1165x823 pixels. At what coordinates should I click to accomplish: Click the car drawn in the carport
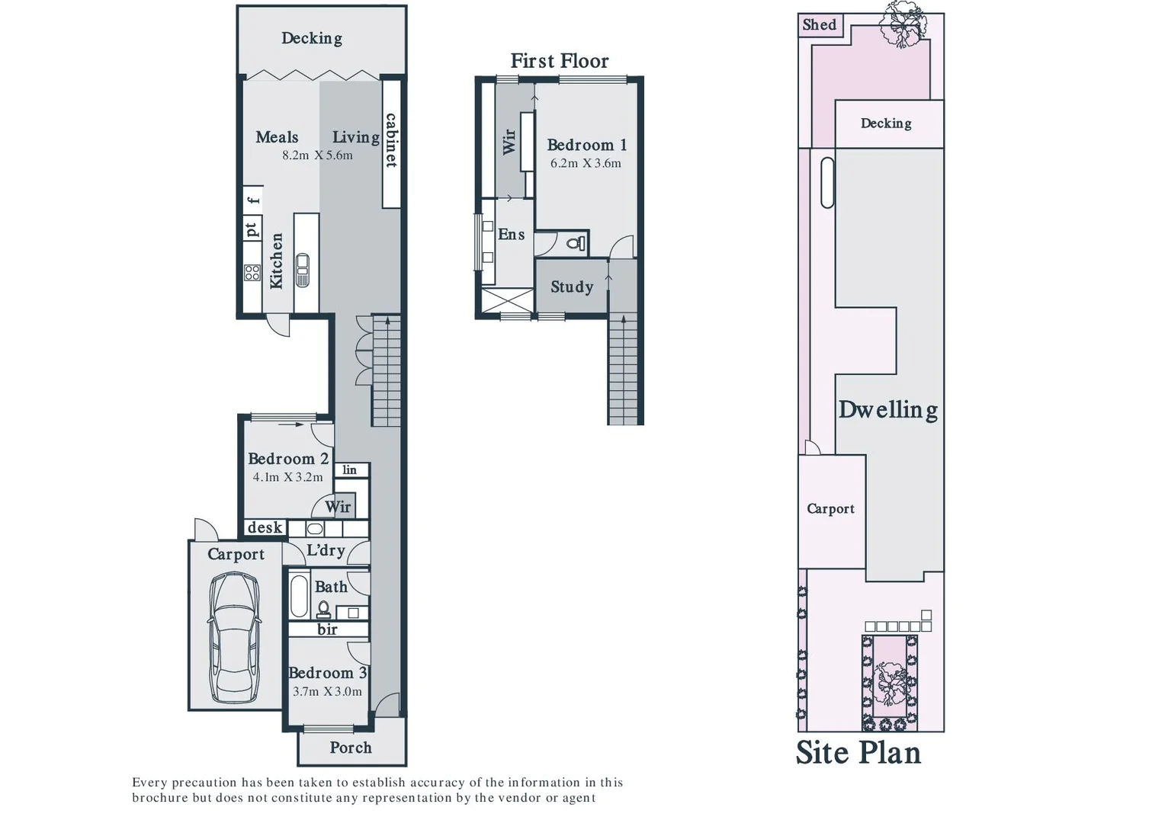[236, 637]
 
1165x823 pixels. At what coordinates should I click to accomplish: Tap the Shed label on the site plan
[820, 24]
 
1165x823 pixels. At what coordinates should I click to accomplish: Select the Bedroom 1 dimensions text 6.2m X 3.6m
[586, 163]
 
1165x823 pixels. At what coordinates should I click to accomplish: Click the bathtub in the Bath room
[299, 596]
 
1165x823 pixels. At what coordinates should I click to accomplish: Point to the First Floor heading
[560, 61]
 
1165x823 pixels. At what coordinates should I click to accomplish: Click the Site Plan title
[859, 753]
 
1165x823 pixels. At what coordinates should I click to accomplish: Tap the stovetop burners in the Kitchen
[252, 272]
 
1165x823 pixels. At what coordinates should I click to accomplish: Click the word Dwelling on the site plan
[888, 410]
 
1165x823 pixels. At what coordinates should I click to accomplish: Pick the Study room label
[572, 287]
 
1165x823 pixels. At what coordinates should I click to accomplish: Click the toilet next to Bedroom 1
[576, 244]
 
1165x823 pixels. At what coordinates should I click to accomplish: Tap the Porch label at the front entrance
[351, 748]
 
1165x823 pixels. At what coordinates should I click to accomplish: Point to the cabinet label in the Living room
[391, 140]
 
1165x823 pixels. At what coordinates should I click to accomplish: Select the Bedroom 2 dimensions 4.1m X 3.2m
[287, 477]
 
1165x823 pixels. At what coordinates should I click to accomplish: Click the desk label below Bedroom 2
[265, 527]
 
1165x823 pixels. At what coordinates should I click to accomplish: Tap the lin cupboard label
[350, 469]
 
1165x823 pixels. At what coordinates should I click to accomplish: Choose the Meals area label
[277, 137]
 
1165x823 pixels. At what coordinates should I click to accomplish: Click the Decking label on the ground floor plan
[311, 38]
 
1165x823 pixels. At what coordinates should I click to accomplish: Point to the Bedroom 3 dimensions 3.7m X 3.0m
[327, 692]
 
